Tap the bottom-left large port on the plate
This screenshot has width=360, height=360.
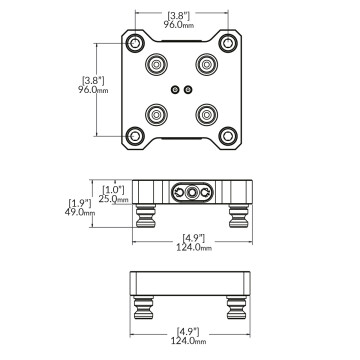[158, 112]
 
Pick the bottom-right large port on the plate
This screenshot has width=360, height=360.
[205, 112]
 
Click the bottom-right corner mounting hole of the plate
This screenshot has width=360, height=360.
[227, 134]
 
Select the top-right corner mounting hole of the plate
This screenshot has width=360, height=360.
[227, 45]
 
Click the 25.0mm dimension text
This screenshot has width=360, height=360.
[114, 199]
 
